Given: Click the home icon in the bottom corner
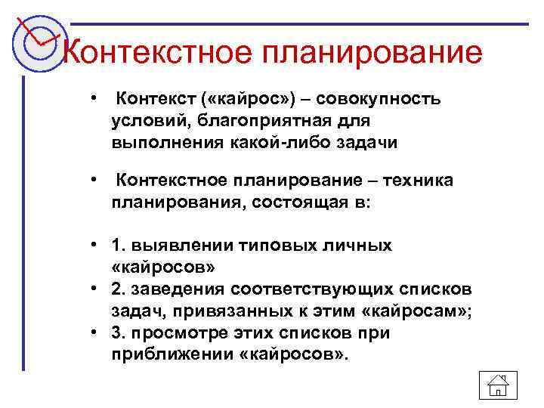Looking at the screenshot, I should click(498, 385).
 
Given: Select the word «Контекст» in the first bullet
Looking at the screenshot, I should click(153, 99).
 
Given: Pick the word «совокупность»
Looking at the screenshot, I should click(381, 100).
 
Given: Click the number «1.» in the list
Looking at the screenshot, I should click(119, 245).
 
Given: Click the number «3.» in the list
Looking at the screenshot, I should click(119, 332).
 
